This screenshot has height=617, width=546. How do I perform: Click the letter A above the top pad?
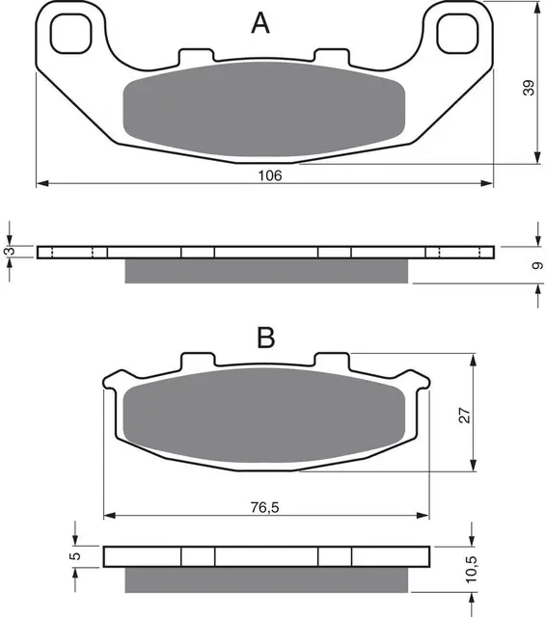(x=260, y=23)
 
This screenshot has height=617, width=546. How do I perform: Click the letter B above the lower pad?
(x=265, y=337)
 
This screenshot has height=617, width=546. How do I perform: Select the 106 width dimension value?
(x=270, y=175)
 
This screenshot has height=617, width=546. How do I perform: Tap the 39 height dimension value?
(x=529, y=88)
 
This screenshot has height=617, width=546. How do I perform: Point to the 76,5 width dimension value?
(x=264, y=508)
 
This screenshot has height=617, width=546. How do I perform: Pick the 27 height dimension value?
(x=464, y=416)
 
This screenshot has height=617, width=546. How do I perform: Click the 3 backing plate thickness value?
(x=11, y=251)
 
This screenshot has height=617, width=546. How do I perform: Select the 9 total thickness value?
(x=537, y=266)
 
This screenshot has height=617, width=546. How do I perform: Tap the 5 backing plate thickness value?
(x=77, y=556)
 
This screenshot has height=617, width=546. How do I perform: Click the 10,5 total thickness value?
(x=471, y=570)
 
